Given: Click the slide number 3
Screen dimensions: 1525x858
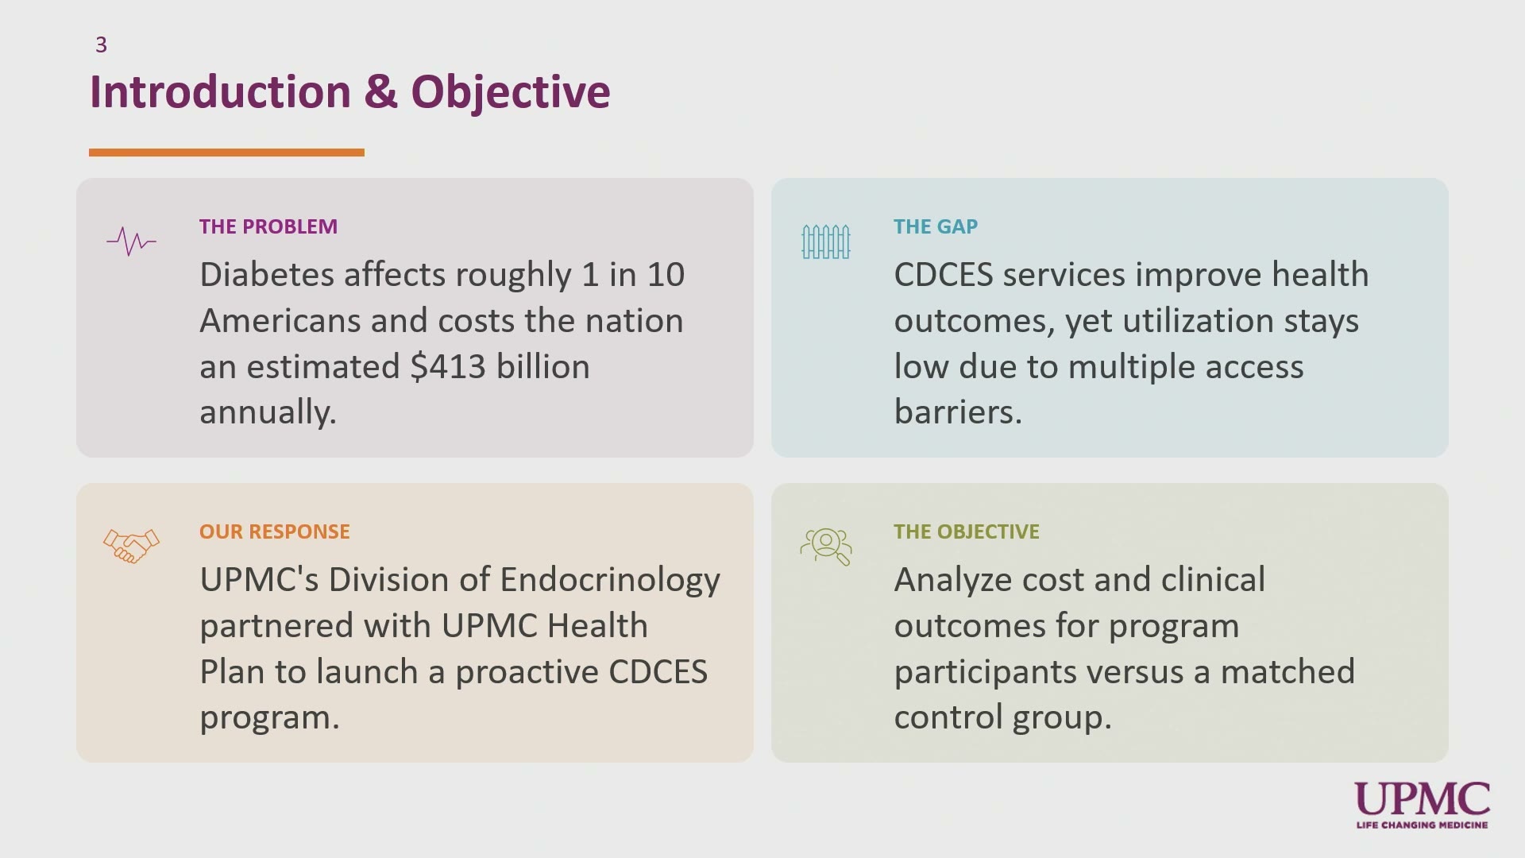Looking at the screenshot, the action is pos(101,44).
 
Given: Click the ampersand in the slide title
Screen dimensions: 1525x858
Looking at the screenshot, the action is pos(380,91).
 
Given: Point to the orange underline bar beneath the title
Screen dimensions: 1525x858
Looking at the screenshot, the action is pos(226,153).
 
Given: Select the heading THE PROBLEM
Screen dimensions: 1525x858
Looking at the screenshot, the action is pos(268,226).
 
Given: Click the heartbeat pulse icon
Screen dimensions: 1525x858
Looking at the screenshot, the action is pos(131,241).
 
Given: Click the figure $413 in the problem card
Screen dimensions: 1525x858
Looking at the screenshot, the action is pos(448,366).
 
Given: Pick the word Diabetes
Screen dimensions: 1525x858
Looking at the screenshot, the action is pos(267,274).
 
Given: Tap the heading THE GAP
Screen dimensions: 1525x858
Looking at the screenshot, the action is pos(936,226).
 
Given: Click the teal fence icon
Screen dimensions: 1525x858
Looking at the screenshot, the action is pos(826,242).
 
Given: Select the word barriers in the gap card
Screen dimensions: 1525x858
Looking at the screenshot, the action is pos(958,412).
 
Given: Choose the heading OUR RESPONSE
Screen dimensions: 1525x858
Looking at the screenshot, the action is pos(275,531).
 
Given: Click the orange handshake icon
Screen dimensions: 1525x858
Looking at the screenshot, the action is pos(131,546).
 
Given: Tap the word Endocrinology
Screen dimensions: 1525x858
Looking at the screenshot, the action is pos(610,581).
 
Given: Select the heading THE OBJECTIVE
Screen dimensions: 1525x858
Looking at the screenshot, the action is pos(967,531).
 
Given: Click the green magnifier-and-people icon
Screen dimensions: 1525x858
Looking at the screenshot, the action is pos(826,547).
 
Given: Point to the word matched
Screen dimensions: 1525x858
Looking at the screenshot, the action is pos(1288,671).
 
